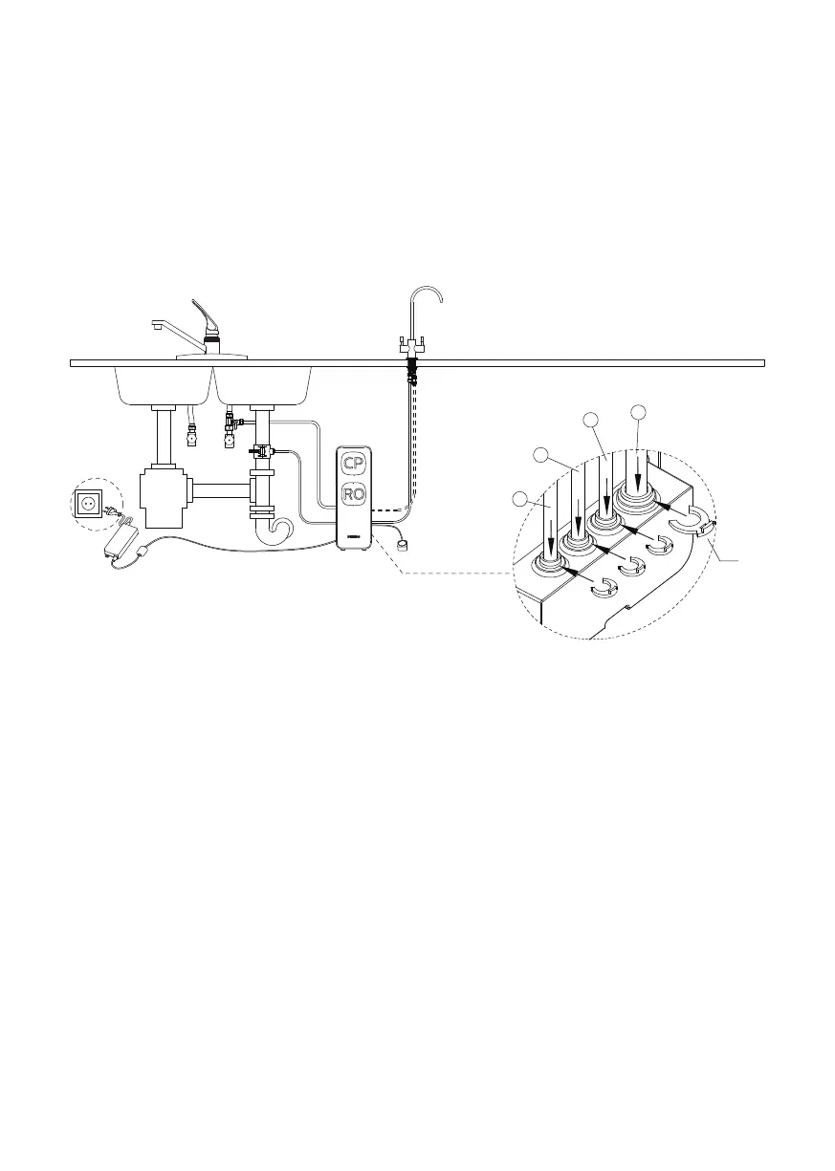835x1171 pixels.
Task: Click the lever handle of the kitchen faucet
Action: click(204, 314)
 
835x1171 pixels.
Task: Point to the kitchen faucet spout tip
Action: click(156, 327)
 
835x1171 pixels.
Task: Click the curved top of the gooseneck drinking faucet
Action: click(427, 289)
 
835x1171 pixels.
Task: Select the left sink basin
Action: click(163, 384)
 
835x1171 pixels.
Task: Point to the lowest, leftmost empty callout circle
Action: click(519, 499)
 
